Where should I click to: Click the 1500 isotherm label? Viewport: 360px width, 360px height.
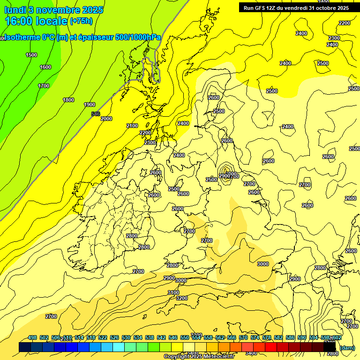[x=31, y=55]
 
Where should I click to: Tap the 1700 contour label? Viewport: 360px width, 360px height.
[x=44, y=86]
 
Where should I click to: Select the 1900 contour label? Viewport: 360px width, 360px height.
[x=90, y=105]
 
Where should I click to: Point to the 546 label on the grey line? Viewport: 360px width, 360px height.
[x=96, y=113]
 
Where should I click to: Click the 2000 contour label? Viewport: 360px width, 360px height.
[x=106, y=119]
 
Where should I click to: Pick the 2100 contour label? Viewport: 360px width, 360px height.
[x=132, y=126]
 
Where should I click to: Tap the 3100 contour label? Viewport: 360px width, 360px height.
[x=173, y=292]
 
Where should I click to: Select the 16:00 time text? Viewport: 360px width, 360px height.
[x=20, y=21]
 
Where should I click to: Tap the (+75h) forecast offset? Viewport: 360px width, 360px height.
[x=81, y=21]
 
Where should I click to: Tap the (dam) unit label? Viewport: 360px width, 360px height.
[x=347, y=347]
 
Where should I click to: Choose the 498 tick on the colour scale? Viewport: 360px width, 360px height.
[x=32, y=337]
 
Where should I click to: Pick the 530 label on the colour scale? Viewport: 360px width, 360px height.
[x=126, y=337]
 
